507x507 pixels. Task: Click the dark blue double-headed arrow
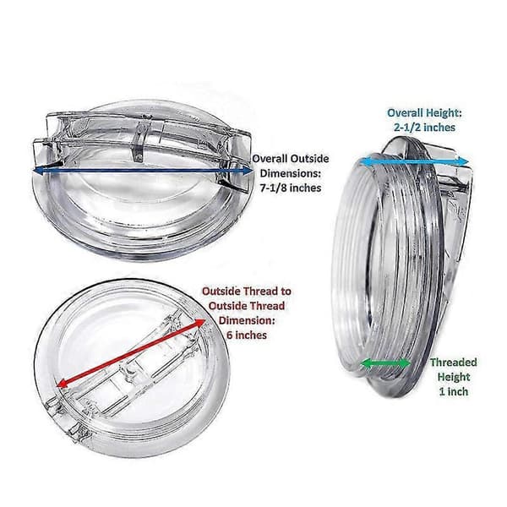[143, 171]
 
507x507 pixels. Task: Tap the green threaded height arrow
[385, 363]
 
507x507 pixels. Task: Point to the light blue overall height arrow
[414, 161]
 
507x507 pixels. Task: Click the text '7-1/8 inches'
[291, 188]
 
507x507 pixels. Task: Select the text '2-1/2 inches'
[424, 127]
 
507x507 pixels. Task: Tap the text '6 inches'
[247, 335]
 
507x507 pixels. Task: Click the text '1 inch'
[453, 391]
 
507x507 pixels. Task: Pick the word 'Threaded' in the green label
[453, 363]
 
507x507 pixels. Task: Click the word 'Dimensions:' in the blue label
[291, 173]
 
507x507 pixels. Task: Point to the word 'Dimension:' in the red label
[247, 320]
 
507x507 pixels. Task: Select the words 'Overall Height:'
[424, 113]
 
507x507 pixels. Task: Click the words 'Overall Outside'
[291, 159]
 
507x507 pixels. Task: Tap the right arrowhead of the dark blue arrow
[248, 171]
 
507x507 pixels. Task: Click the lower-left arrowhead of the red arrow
[61, 384]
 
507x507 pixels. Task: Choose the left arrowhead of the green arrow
[365, 363]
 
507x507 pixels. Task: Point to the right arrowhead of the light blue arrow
[464, 161]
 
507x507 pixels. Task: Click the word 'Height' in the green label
[453, 377]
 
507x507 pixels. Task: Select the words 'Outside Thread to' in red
[247, 292]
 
